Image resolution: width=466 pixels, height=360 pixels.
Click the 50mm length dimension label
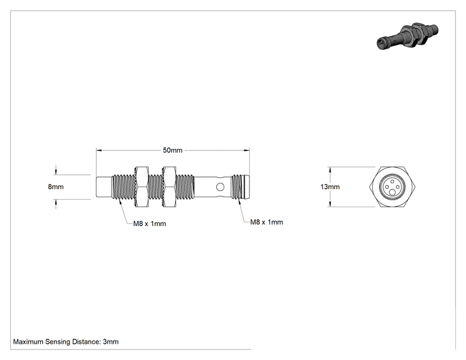pos(172,150)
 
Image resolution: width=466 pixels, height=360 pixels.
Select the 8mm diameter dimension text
pos(56,187)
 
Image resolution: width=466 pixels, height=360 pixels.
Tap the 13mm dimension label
pos(330,187)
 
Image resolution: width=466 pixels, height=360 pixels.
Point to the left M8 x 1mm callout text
pos(150,224)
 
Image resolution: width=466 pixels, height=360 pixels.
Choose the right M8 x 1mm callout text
pos(267,222)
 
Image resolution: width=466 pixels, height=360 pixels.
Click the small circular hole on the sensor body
pos(220,187)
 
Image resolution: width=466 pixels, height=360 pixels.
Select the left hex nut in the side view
pos(142,187)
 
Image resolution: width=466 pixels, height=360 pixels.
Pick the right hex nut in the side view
pos(170,187)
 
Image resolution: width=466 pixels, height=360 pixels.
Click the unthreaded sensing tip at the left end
pos(104,187)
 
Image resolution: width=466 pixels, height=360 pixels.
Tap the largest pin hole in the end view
pos(392,193)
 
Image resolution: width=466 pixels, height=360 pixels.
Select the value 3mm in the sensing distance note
pos(111,342)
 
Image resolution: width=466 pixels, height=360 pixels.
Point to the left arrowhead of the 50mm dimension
pos(99,150)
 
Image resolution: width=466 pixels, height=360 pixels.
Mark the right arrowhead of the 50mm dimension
pos(247,150)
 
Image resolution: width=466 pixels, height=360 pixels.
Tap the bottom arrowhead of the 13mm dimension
pos(330,204)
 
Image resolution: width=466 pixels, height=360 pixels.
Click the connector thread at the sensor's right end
pos(240,187)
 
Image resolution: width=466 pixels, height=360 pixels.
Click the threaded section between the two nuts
pos(156,187)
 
